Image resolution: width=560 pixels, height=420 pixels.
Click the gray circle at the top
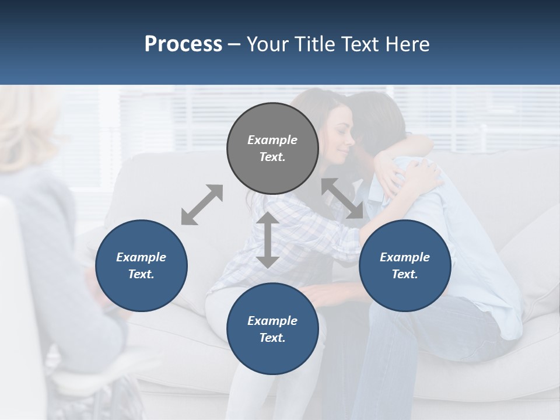(x=272, y=149)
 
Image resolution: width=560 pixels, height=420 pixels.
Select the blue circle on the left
(x=141, y=266)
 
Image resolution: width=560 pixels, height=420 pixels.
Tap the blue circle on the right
(x=405, y=266)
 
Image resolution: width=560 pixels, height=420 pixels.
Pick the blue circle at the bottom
(x=272, y=330)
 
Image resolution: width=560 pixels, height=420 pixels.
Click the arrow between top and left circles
(x=202, y=205)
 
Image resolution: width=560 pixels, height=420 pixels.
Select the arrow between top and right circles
(x=342, y=198)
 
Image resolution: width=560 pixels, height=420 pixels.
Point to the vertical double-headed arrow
(x=268, y=240)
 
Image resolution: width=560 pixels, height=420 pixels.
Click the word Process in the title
(x=183, y=44)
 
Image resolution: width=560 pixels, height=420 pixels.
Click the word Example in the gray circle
(x=272, y=140)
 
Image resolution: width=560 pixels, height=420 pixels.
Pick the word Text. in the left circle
(x=141, y=274)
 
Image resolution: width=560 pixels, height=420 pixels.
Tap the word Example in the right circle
(x=405, y=257)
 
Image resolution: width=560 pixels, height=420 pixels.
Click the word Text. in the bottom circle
(x=272, y=338)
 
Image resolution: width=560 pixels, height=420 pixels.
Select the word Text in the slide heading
(x=360, y=44)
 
